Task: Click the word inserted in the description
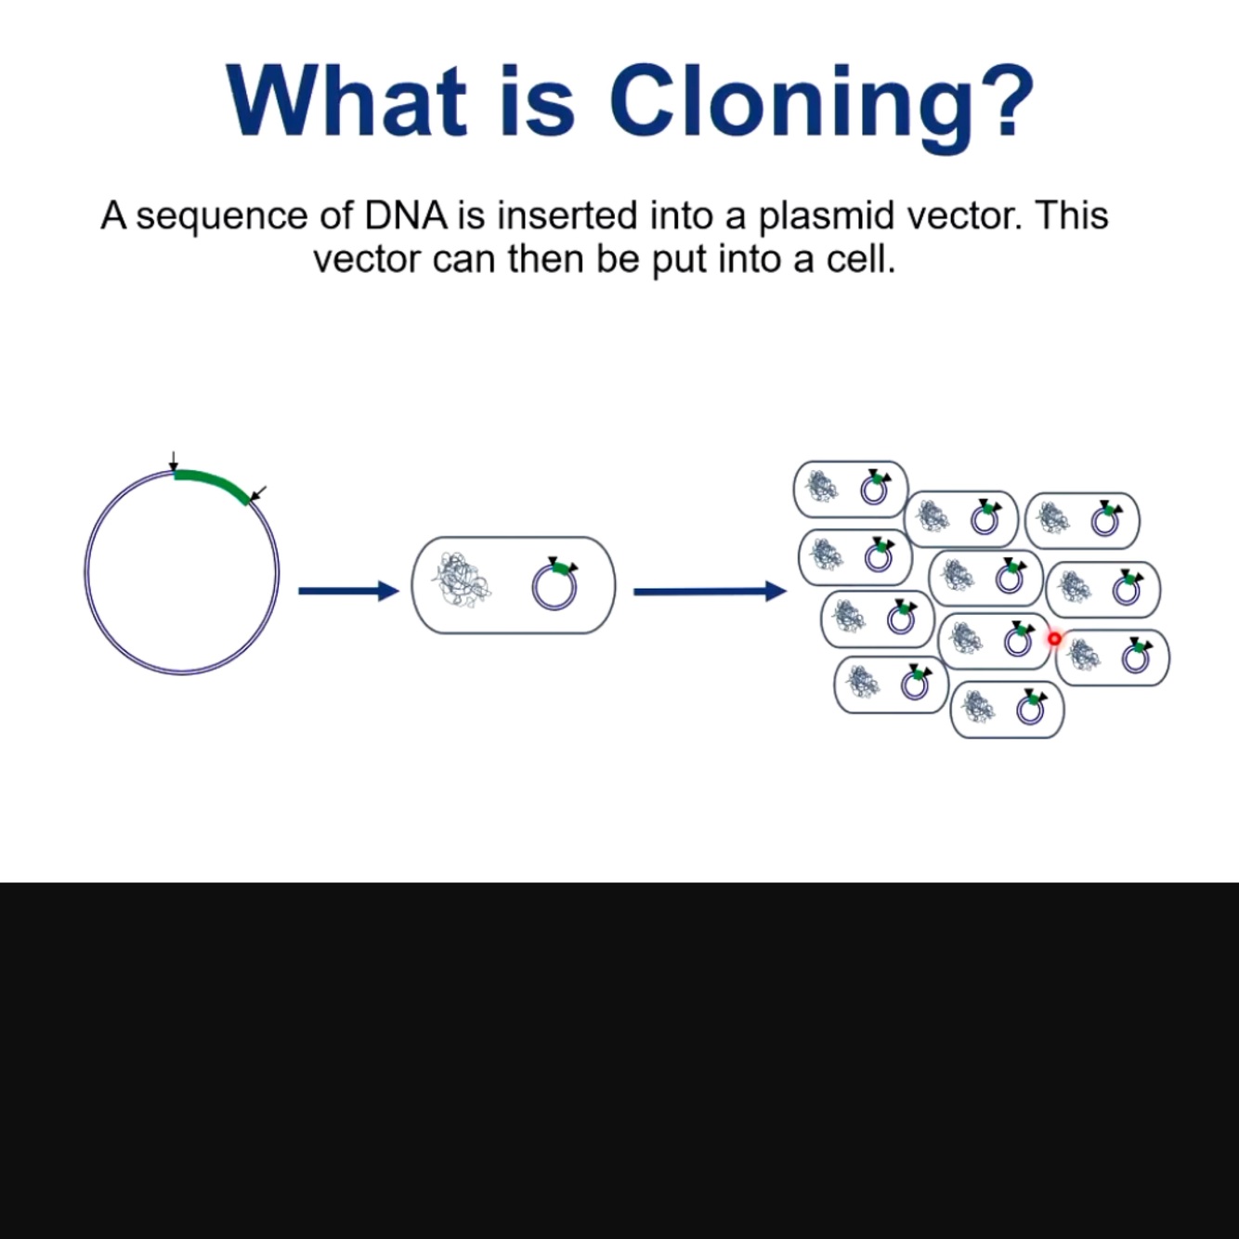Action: point(567,215)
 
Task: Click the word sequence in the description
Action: point(222,217)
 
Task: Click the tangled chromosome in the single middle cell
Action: point(462,582)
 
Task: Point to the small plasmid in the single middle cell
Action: point(554,586)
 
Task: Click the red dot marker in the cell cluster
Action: point(1054,639)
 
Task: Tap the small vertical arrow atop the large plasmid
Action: point(173,462)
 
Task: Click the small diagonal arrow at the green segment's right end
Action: point(258,491)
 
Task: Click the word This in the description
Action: point(1072,215)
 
